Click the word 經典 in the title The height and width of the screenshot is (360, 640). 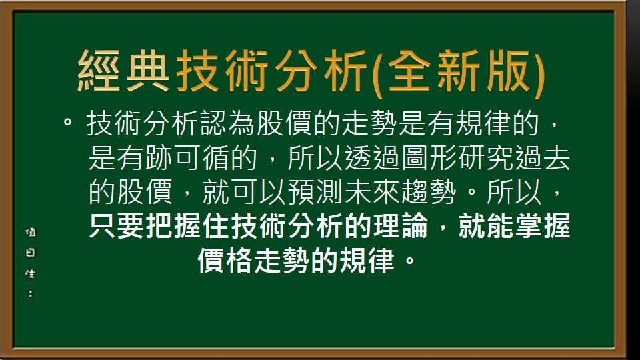point(124,72)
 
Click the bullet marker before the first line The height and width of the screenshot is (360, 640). point(67,123)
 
